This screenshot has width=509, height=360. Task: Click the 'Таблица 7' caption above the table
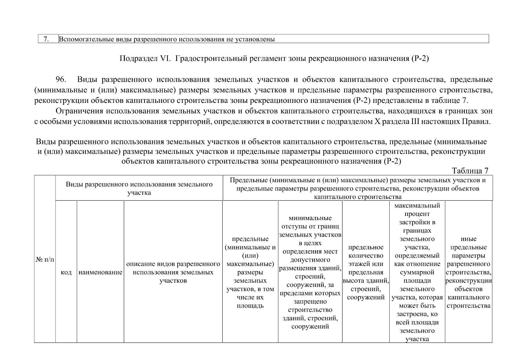tap(470, 171)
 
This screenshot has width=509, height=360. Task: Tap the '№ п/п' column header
tap(45, 259)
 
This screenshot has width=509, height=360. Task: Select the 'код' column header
tap(66, 272)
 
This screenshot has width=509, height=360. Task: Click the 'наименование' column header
tap(100, 272)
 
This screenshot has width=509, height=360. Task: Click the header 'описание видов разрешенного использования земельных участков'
tap(173, 272)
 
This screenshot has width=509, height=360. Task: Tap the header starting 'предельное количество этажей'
tap(366, 272)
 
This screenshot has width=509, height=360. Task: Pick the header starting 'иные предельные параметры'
tap(468, 272)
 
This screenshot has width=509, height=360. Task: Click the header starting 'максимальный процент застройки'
tap(417, 272)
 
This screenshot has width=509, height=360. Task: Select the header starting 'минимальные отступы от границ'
tap(310, 272)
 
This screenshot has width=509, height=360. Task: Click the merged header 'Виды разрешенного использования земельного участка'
tap(139, 188)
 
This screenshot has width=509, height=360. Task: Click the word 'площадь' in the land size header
tap(250, 306)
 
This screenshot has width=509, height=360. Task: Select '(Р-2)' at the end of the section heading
tap(419, 58)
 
